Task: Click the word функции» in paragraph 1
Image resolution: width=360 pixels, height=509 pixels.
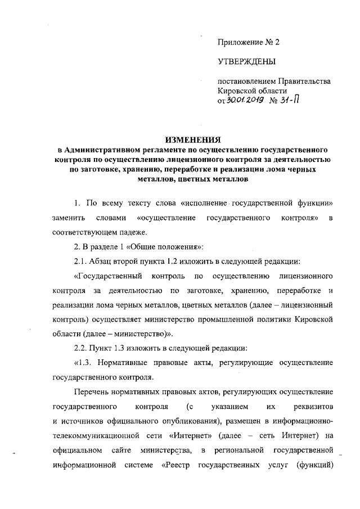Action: (x=313, y=202)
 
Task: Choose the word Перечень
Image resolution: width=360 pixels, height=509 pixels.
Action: (x=92, y=392)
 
